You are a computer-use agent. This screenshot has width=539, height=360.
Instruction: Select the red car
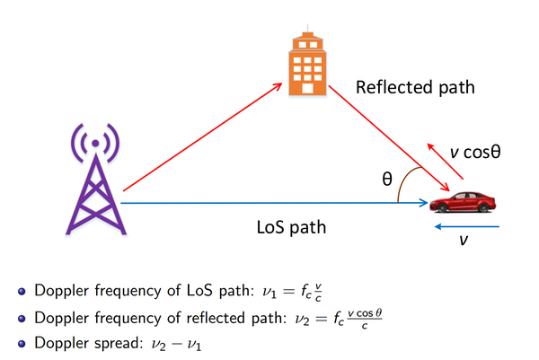463,202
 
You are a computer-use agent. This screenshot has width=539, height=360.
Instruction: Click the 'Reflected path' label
415,87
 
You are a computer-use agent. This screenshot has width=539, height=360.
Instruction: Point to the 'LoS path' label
291,227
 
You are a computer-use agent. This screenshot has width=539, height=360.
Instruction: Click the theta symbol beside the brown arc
387,179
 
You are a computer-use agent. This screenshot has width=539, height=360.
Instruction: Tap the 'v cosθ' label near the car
475,152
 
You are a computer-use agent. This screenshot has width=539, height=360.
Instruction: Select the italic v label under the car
464,240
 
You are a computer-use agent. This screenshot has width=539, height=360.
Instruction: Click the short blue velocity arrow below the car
467,227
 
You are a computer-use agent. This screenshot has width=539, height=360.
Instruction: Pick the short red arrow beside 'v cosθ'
446,161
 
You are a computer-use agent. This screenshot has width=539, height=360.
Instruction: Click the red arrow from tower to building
203,136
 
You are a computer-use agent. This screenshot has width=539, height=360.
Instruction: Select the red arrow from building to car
389,138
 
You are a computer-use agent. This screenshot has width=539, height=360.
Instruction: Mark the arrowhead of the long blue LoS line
424,203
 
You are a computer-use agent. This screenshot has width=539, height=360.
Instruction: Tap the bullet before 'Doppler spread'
22,344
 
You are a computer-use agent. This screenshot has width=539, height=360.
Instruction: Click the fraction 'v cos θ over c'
365,319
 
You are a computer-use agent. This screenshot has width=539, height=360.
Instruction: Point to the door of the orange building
307,88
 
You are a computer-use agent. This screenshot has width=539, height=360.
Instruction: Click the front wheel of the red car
442,207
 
